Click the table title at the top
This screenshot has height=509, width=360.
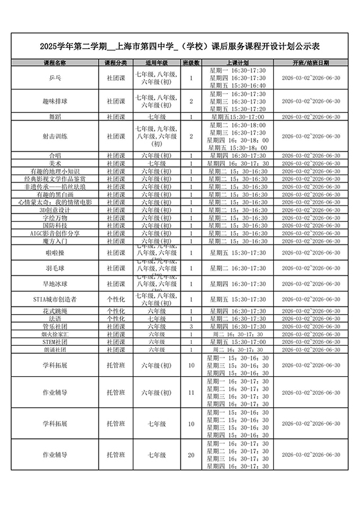(x=179, y=46)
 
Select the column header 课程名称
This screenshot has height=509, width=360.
(x=55, y=63)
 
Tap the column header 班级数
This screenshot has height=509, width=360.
(x=191, y=63)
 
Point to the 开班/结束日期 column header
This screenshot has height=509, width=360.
(x=310, y=63)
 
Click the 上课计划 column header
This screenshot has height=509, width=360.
(x=238, y=63)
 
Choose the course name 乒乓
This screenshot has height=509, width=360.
(x=55, y=79)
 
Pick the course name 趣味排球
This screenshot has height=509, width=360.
(x=55, y=101)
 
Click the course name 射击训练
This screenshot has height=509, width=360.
(x=55, y=136)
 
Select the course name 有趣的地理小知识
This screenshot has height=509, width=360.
(x=55, y=171)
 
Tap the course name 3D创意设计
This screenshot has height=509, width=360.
(x=55, y=210)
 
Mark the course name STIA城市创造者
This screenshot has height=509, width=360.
(x=55, y=299)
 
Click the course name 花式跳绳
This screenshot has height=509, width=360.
(x=55, y=310)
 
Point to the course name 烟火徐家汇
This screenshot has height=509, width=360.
(x=55, y=334)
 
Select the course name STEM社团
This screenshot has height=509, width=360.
(x=55, y=341)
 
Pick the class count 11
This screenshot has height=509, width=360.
(x=191, y=393)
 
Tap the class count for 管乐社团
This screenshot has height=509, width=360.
(x=191, y=326)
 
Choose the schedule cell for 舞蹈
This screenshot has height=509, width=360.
(x=238, y=117)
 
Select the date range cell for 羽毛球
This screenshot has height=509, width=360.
(x=310, y=268)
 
